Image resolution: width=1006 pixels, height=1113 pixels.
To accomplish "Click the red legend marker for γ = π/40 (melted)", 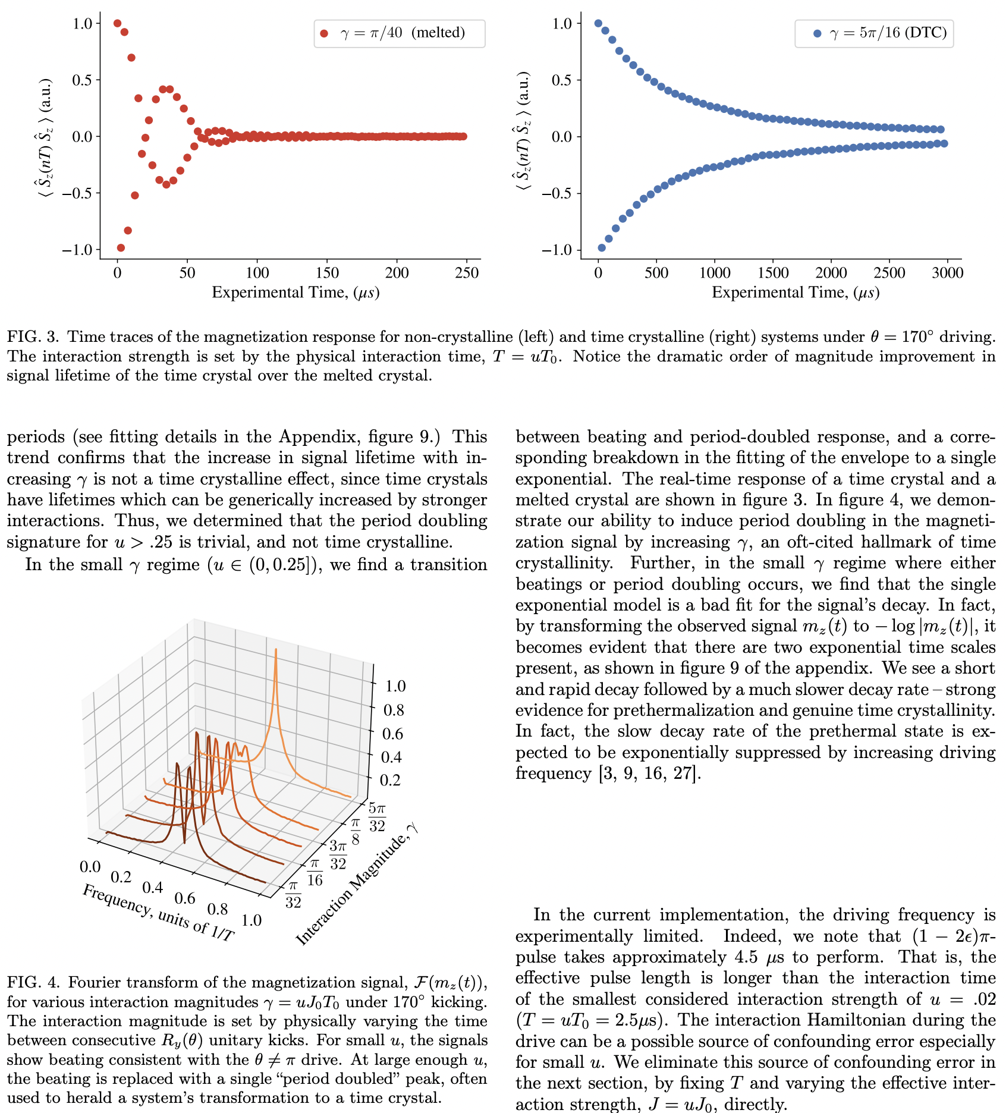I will tap(324, 33).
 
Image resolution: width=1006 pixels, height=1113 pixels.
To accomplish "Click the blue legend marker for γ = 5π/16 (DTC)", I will tap(817, 33).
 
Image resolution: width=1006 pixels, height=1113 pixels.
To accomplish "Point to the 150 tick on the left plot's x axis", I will tap(327, 273).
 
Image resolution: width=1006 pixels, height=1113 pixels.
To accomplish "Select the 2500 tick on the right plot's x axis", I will tap(888, 273).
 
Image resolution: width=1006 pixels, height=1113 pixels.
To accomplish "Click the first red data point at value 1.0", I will tap(117, 23).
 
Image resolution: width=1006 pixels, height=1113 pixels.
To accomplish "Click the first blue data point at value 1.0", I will tap(598, 23).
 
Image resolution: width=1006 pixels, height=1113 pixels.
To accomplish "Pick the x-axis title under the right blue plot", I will tap(795, 293).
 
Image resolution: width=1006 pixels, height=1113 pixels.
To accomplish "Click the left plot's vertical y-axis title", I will tap(43, 136).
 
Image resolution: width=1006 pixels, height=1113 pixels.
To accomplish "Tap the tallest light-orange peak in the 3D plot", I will tap(276, 652).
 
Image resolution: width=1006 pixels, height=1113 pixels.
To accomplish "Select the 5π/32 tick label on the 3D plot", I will tap(377, 817).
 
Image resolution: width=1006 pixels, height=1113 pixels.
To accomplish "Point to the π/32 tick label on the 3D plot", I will tap(293, 895).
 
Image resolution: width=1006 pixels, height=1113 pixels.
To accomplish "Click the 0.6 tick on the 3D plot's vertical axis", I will tap(393, 734).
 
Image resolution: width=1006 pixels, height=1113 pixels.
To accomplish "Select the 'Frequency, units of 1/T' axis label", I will tap(158, 913).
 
